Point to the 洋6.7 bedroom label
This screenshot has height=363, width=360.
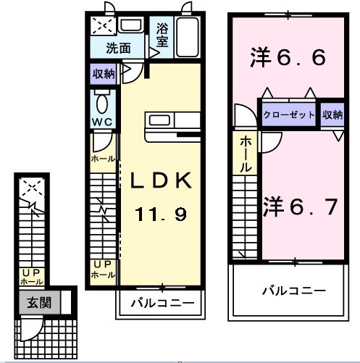(x=300, y=207)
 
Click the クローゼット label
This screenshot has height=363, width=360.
(x=290, y=115)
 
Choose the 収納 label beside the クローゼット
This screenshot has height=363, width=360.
(x=332, y=115)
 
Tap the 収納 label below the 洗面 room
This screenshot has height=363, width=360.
(x=103, y=74)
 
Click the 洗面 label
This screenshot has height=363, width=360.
(x=118, y=49)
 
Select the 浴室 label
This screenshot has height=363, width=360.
(x=162, y=37)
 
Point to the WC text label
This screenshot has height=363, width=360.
(x=101, y=122)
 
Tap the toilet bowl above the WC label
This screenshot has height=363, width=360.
(x=101, y=101)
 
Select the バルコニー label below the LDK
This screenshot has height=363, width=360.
(x=162, y=303)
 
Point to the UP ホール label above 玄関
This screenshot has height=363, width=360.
(x=31, y=276)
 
